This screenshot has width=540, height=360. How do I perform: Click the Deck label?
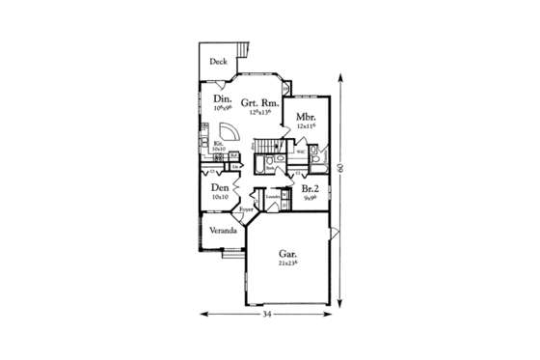[219, 61]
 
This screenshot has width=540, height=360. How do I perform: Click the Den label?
[221, 188]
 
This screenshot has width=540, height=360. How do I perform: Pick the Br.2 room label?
[310, 190]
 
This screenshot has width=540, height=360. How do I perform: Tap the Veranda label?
[223, 232]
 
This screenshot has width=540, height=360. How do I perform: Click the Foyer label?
[247, 208]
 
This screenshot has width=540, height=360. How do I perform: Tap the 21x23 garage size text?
[286, 263]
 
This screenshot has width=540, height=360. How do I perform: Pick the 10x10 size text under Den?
[221, 198]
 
